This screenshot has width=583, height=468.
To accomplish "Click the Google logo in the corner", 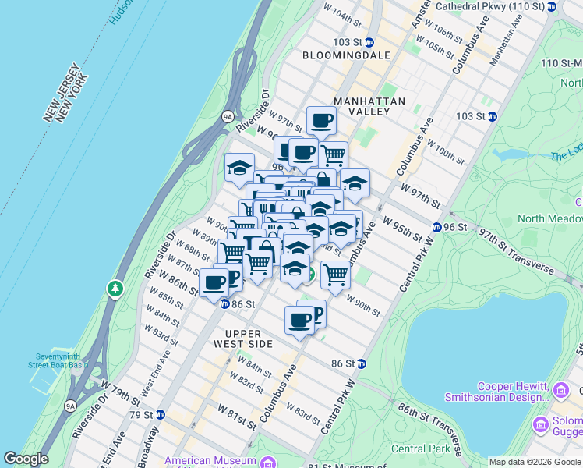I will (26, 459).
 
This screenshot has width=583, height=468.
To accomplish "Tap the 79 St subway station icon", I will (160, 413).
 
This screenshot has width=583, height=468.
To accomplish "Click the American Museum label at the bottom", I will (210, 461).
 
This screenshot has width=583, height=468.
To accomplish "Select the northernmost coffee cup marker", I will (321, 121).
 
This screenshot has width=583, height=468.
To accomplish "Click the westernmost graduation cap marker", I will (239, 167).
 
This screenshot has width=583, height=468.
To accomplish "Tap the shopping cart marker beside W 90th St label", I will (335, 274).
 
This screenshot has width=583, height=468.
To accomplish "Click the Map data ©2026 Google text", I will (533, 462).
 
